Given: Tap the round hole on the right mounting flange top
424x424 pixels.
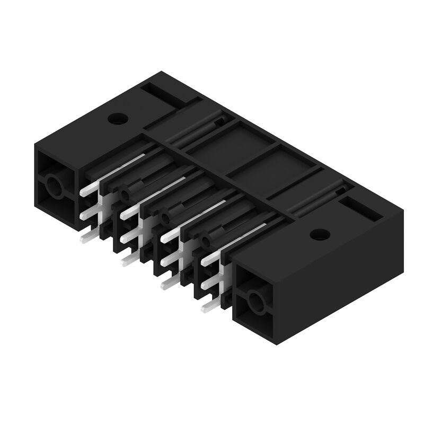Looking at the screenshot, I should coord(320,234).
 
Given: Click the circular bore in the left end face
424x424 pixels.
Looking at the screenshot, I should coord(54,187).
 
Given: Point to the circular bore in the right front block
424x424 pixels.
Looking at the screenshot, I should coord(255,303).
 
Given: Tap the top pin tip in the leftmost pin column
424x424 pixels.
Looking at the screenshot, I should coord(85,192).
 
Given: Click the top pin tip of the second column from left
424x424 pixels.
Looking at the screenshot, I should coord(126,214).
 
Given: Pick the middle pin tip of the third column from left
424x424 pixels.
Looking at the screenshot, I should coord(165,259).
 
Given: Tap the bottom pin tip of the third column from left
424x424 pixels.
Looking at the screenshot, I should coord(166,284).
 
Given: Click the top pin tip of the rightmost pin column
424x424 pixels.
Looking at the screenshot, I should coord(207,259).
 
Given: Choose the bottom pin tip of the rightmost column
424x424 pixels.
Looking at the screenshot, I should coord(206,307).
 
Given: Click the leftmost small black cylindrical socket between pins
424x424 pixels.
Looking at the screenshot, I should coord(126,192).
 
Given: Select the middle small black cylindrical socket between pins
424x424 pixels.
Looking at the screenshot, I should coord(166,216).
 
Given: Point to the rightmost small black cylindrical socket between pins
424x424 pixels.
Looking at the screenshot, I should coord(206,240).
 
